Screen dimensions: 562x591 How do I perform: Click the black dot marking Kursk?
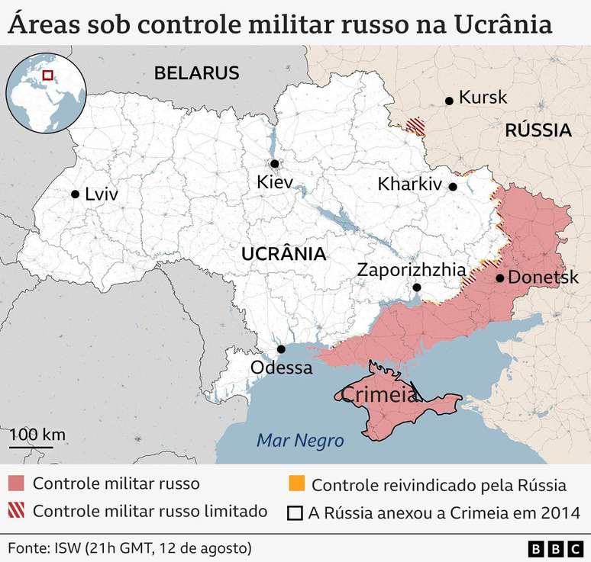(450, 99)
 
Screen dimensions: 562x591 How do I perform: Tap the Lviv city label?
(102, 194)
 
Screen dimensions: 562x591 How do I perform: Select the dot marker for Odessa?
(281, 349)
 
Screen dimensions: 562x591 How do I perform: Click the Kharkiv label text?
(410, 185)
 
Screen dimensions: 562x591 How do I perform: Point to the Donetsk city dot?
(499, 278)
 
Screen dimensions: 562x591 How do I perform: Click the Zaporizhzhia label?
(412, 269)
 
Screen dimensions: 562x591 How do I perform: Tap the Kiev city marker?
(274, 164)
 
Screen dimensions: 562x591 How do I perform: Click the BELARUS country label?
(197, 73)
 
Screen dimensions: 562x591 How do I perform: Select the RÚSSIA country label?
(538, 130)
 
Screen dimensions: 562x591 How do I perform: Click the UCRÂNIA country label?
(283, 254)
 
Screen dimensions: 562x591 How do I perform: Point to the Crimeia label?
(379, 395)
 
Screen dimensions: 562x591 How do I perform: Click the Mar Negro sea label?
(300, 441)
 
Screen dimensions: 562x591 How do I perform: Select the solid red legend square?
(17, 484)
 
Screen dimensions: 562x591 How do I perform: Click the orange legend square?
(296, 484)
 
